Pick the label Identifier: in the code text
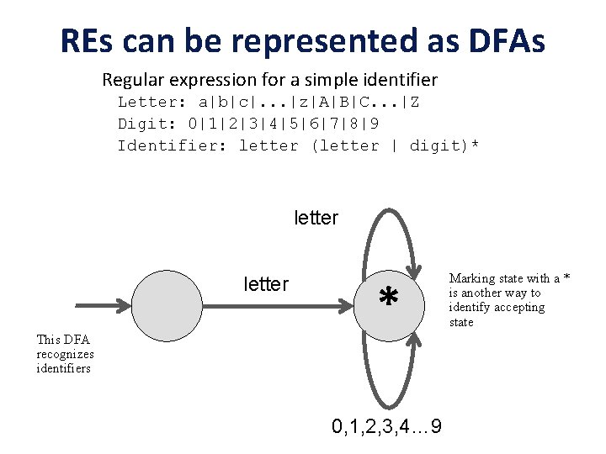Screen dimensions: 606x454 173,145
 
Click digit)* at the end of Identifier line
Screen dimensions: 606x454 444,145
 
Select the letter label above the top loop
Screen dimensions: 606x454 316,219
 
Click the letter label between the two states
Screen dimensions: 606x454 266,284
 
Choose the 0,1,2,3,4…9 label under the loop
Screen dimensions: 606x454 388,427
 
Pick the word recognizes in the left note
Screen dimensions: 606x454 65,354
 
